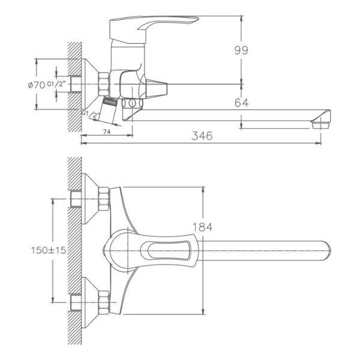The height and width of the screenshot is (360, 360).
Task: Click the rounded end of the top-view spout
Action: [x=326, y=248]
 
